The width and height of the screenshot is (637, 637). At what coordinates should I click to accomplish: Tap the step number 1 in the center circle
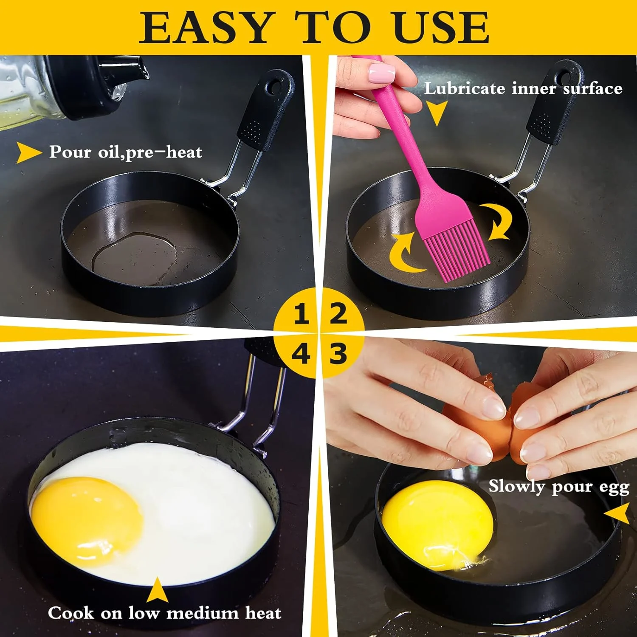pos(301,314)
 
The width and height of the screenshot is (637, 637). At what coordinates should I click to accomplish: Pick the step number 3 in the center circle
pos(338,353)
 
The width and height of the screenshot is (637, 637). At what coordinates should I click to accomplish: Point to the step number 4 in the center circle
pos(301,354)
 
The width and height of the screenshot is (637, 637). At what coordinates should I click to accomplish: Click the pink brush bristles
pos(459,255)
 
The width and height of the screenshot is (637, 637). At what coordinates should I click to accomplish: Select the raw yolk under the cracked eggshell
pos(437,518)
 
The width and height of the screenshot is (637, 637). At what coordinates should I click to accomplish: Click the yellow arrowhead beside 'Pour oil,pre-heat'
pos(28,152)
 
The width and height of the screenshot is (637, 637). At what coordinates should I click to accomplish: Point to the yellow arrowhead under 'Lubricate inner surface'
pos(436,112)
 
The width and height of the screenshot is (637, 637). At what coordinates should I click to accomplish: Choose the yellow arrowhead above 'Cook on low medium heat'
pos(158,591)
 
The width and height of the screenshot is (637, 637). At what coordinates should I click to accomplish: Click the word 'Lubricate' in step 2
pos(465,88)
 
